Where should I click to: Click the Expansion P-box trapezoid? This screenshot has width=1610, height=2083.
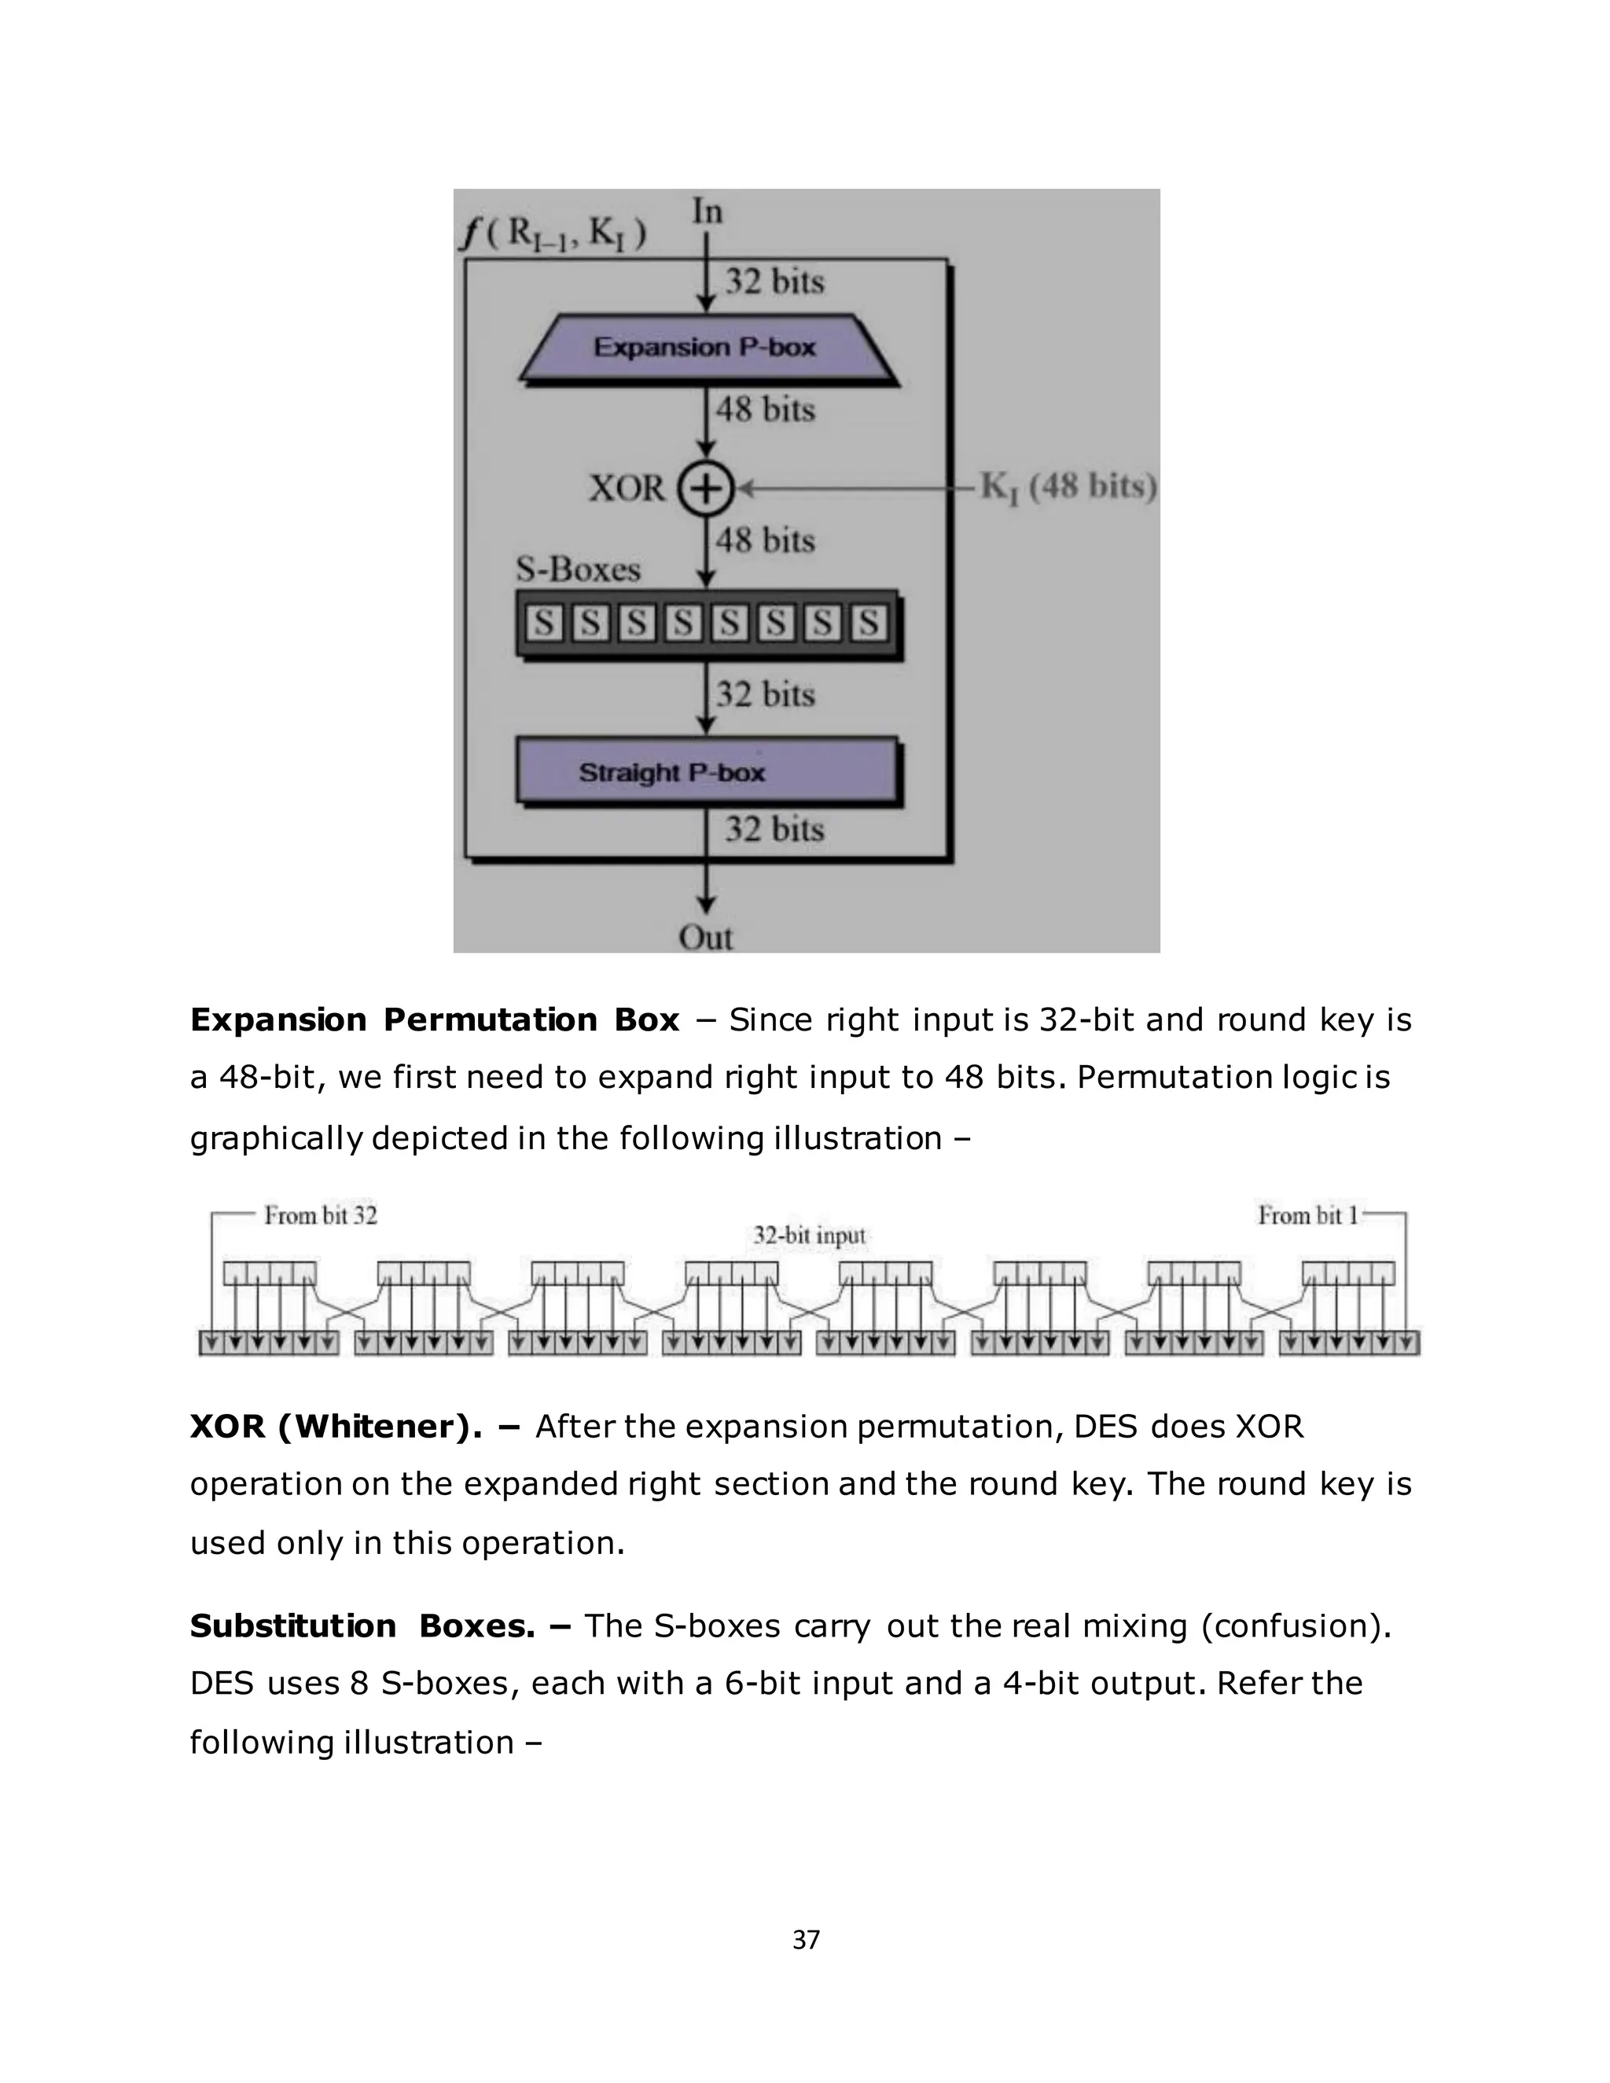click(x=706, y=347)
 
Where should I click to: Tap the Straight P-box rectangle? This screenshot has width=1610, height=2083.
click(x=706, y=772)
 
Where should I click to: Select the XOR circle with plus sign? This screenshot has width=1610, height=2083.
click(x=706, y=489)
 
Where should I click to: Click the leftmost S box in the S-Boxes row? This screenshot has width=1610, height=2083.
click(x=544, y=624)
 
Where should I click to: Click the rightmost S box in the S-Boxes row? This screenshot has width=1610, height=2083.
click(x=868, y=624)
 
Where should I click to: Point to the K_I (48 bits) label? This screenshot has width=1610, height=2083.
click(x=1068, y=487)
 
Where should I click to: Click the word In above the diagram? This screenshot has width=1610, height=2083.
click(x=707, y=211)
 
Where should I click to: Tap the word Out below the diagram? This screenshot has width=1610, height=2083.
click(x=706, y=938)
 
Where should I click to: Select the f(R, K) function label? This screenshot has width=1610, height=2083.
click(x=554, y=233)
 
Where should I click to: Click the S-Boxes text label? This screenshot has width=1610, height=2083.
click(x=578, y=569)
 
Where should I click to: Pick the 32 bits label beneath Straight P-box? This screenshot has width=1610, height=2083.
click(x=774, y=828)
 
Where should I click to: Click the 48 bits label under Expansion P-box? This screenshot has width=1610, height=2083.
click(x=765, y=410)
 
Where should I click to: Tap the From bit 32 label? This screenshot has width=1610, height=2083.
click(x=321, y=1216)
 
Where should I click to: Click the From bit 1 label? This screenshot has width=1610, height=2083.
click(x=1307, y=1216)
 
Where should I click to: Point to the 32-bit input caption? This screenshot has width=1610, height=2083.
click(x=809, y=1236)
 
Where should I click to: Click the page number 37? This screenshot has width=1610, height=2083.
click(x=806, y=1940)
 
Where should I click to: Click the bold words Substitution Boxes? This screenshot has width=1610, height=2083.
click(x=362, y=1626)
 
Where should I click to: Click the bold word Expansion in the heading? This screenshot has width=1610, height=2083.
click(x=278, y=1020)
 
